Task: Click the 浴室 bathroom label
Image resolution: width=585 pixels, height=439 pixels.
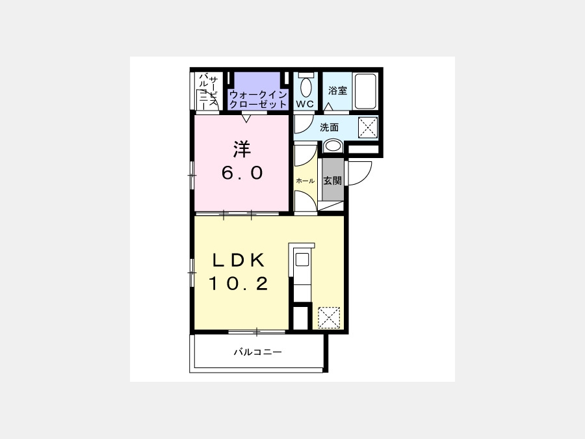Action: (x=337, y=90)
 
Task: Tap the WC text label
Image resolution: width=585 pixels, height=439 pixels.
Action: (x=305, y=104)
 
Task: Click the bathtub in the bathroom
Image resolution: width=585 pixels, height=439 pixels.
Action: (x=365, y=92)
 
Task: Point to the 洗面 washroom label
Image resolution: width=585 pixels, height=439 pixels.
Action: (x=330, y=127)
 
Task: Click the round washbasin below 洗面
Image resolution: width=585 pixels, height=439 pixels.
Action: (x=332, y=146)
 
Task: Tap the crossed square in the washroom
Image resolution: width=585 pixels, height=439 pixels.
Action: (x=368, y=127)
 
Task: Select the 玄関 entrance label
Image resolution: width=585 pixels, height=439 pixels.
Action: (x=332, y=181)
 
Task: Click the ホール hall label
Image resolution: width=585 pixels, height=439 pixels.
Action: (x=305, y=181)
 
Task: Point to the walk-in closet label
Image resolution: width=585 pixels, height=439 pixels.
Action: (x=258, y=100)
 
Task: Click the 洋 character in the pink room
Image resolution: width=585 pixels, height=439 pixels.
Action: (x=242, y=149)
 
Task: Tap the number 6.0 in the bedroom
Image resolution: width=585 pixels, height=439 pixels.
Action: (x=242, y=173)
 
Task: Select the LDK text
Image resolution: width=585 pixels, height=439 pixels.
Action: (x=239, y=260)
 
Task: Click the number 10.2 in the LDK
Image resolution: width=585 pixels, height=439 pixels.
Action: (x=239, y=284)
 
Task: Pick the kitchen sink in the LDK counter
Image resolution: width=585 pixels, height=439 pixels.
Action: (x=302, y=259)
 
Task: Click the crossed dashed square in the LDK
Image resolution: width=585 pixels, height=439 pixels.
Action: (x=329, y=317)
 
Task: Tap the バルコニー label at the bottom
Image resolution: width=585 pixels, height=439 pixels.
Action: (x=258, y=352)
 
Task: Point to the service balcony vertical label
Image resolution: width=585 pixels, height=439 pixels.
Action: (x=208, y=92)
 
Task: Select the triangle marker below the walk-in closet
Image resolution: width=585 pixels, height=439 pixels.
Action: (x=246, y=119)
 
